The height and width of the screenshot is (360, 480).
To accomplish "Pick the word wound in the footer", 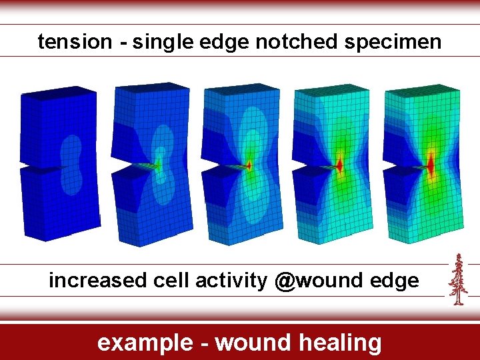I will click(x=254, y=343).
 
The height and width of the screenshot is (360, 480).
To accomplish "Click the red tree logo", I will click(x=457, y=279).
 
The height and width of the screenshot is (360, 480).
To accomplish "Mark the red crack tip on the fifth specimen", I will click(x=431, y=164).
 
